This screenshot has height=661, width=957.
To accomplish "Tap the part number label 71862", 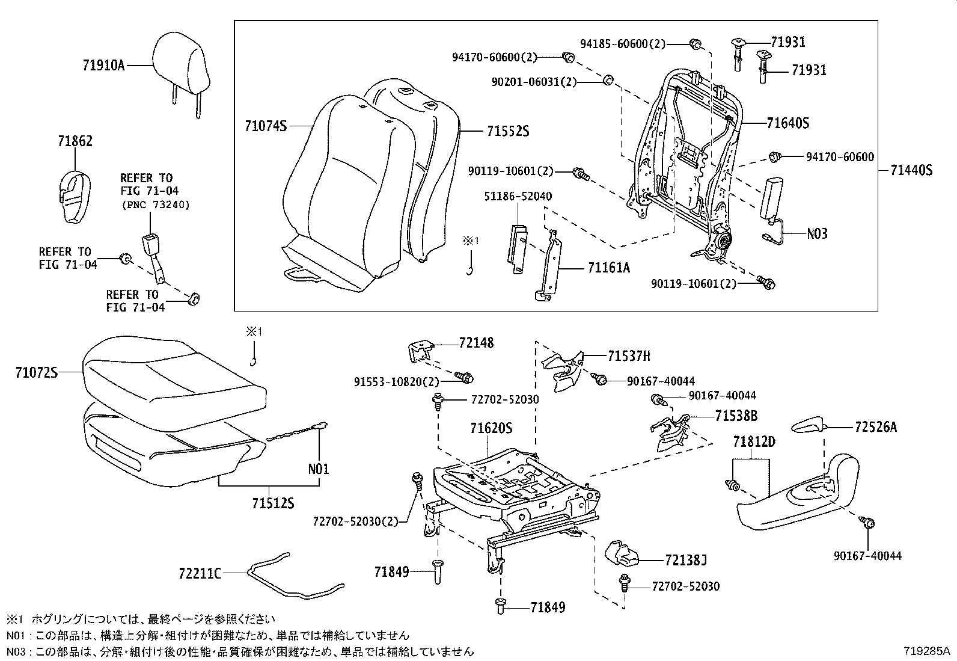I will tap(75, 141).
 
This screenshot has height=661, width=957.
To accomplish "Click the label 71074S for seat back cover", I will tap(266, 126).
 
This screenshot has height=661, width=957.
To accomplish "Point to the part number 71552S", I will tap(507, 131).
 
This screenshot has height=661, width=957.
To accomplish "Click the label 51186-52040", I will tap(518, 197).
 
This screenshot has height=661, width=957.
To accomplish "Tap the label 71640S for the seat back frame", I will tap(787, 123).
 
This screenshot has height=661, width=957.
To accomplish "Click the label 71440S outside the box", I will tap(911, 171).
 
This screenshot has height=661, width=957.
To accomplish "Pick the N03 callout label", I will tap(816, 233).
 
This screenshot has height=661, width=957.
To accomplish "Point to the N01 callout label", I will tap(319, 469).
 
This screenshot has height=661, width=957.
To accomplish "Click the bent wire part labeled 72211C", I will tap(289, 577).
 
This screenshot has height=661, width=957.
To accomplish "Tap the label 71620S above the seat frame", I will tap(491, 429).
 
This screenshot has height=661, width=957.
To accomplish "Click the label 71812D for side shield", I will tap(754, 442).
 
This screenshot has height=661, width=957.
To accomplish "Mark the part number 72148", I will tap(475, 343).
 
